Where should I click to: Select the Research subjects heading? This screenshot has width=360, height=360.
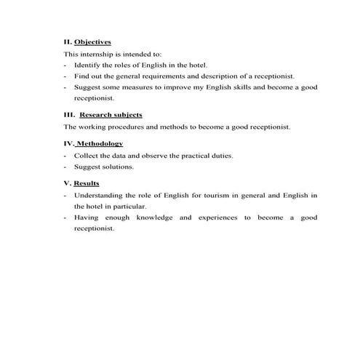tap(111, 115)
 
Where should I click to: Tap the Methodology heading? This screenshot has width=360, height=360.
tap(99, 143)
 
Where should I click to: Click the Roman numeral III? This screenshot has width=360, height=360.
tap(69, 115)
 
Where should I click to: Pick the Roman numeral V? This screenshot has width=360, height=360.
tap(67, 183)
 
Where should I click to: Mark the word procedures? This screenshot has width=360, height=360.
tap(124, 127)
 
